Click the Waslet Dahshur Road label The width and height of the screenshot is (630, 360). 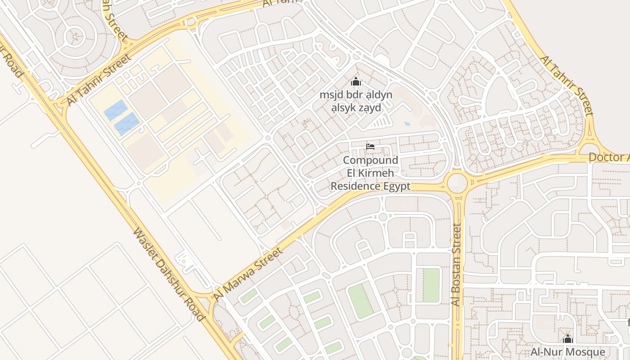tap(169, 274)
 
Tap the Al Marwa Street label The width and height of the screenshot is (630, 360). tap(248, 274)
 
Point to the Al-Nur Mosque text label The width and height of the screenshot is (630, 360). tap(568, 351)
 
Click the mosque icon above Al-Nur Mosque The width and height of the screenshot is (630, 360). tap(568, 339)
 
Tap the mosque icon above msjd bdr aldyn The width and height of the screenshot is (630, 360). tap(356, 82)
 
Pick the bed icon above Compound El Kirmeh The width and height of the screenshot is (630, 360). tap(370, 147)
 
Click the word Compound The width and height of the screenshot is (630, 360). tap(370, 160)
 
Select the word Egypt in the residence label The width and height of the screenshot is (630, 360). tap(396, 186)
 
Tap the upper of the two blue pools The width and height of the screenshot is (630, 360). tap(115, 110)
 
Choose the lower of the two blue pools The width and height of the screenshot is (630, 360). tap(127, 124)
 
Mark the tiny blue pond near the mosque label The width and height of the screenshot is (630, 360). tap(407, 123)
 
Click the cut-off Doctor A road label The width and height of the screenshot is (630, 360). tap(609, 157)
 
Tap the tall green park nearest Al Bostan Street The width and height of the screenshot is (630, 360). tap(431, 285)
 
